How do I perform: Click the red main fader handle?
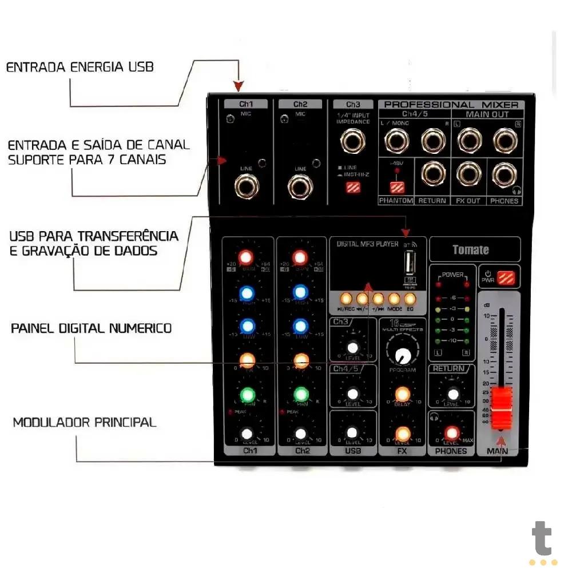[x=502, y=408]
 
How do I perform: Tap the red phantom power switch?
[x=397, y=186]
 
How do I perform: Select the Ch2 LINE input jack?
[x=300, y=186]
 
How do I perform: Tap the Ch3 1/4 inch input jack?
[x=353, y=141]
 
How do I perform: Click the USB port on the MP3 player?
[x=409, y=265]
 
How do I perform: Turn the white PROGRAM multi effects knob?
[x=403, y=355]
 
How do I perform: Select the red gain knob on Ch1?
[x=247, y=257]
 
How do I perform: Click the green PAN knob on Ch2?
[x=301, y=395]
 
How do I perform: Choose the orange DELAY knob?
[x=403, y=394]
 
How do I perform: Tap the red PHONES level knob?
[x=452, y=432]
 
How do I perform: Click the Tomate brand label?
[x=471, y=250]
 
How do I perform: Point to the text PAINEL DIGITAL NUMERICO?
[x=92, y=328]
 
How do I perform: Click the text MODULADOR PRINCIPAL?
[x=85, y=423]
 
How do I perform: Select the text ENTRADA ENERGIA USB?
[x=80, y=67]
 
